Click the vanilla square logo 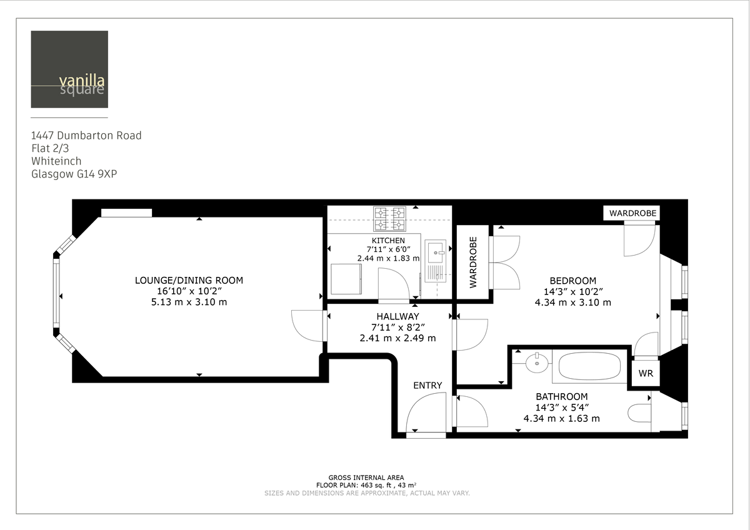[x=69, y=69]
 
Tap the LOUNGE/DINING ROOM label [x=189, y=281]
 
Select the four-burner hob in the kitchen [x=390, y=219]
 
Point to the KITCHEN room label [x=388, y=241]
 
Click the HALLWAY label [x=397, y=317]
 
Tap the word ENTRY [x=427, y=386]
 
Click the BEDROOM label [x=572, y=281]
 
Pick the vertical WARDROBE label [x=473, y=262]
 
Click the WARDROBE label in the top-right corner [x=632, y=213]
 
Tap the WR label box [x=645, y=374]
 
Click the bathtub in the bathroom [x=588, y=366]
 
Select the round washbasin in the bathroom [x=536, y=361]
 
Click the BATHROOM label [x=561, y=397]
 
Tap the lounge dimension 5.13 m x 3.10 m [x=189, y=302]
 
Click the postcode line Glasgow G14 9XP [x=74, y=174]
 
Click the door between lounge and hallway [x=309, y=325]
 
